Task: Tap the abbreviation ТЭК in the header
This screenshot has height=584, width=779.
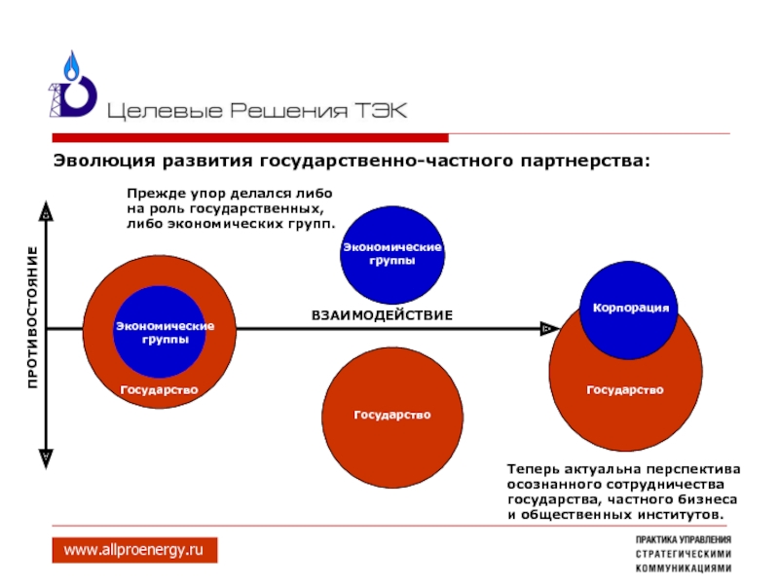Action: [381, 110]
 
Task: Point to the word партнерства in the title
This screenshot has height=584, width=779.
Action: [583, 160]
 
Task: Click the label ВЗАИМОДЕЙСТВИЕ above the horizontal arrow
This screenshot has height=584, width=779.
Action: [383, 315]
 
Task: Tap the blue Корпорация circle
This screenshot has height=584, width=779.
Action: [630, 308]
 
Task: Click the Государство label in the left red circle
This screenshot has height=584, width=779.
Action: [159, 389]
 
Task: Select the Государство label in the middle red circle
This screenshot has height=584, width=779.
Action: [391, 415]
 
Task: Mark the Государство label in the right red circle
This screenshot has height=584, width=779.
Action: [625, 389]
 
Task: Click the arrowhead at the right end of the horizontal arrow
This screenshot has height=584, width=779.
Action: [545, 329]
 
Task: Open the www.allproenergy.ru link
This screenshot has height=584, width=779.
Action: [134, 551]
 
